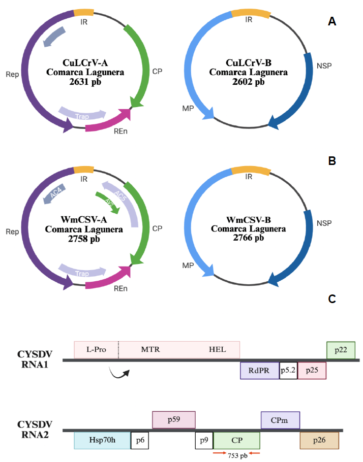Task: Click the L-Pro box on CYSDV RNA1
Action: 96,350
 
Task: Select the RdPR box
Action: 259,371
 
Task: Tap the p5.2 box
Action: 288,371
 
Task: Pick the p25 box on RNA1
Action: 312,371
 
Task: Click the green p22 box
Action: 341,350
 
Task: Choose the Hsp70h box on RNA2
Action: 102,441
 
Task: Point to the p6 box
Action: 140,441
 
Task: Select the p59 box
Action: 174,420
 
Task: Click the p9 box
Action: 204,441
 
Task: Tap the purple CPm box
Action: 280,420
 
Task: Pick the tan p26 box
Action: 319,441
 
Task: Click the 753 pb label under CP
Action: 237,455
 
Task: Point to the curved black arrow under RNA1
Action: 119,373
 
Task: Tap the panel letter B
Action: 332,161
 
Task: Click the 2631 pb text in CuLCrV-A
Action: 85,82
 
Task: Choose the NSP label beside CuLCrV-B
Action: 324,65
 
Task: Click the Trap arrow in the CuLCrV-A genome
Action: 82,114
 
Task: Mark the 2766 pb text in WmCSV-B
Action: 249,238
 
